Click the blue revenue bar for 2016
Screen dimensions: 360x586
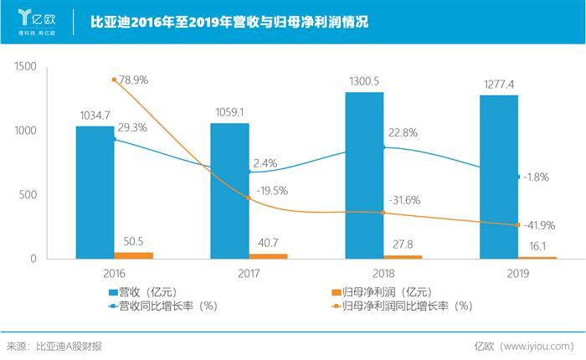click(95, 192)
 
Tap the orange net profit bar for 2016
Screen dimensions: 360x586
click(134, 255)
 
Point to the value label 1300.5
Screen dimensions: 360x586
click(364, 81)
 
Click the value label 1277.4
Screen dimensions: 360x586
click(498, 85)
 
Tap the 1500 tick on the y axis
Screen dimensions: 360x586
click(27, 66)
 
